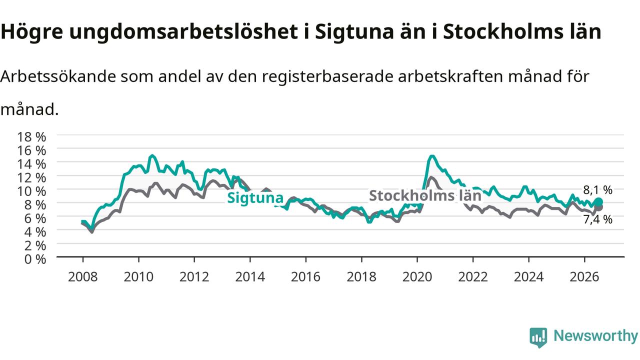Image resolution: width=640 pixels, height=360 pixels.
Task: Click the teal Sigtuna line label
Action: pos(255,197)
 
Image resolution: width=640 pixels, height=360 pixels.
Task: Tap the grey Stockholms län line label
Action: pos(425,195)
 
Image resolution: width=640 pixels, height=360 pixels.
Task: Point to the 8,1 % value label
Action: pos(597,189)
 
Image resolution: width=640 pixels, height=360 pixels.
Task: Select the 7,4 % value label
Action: pos(597,219)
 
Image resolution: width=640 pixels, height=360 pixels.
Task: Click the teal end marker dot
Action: pos(598,202)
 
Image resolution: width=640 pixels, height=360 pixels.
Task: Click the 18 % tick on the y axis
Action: pos(31,137)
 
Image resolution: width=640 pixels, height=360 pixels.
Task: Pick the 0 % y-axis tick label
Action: pos(35,259)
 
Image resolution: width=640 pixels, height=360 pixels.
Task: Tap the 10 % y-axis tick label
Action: pos(31,191)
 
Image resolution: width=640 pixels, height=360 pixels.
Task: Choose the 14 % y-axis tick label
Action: pos(31,164)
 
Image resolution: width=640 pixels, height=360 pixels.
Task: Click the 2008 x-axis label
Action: pos(83,276)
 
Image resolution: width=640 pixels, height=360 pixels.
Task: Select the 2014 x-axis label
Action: pos(250,276)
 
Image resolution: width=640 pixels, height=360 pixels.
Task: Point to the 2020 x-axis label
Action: pos(417,276)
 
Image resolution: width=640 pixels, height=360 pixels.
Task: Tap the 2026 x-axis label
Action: pos(584,276)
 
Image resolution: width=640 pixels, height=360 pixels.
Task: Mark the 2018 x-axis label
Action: pos(361,276)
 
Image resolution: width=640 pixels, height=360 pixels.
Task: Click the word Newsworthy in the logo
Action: pos(595,335)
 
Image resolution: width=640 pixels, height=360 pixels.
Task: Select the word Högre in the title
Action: pos(31,31)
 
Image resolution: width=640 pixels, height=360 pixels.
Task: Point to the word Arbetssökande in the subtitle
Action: pos(58,76)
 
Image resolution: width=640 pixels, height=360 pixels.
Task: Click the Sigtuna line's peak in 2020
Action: pos(432,156)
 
